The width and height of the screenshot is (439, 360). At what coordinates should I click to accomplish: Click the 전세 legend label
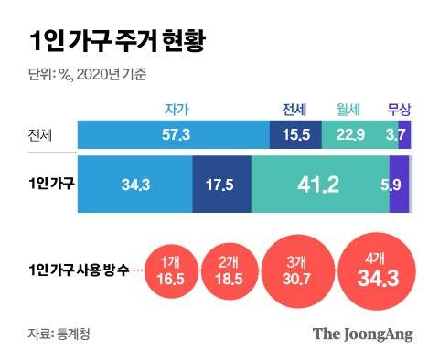click(293, 109)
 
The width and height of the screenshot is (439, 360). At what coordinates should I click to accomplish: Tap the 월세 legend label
click(347, 109)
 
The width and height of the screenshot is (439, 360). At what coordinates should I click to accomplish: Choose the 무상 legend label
click(400, 109)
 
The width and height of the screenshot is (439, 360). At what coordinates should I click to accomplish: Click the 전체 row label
click(42, 135)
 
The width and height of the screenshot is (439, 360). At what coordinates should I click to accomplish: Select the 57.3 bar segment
click(174, 135)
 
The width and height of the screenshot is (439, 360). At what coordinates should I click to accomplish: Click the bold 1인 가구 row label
click(51, 184)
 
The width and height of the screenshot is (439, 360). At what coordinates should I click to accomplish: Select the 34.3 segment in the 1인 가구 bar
click(134, 185)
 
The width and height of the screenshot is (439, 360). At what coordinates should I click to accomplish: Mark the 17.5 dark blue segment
click(221, 185)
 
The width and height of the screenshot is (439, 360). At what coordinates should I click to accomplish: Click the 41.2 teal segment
click(318, 185)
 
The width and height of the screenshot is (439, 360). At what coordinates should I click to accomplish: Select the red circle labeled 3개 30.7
click(294, 270)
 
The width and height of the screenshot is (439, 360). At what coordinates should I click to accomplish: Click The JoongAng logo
click(362, 333)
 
